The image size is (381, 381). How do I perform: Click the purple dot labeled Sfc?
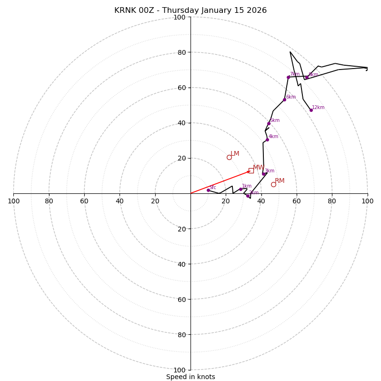(208, 190)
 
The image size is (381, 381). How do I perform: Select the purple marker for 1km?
(241, 189)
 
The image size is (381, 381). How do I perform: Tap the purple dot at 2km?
(248, 196)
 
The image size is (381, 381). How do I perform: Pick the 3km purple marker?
(263, 174)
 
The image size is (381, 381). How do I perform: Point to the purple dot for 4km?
(267, 140)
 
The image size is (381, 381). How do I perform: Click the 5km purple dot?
(269, 123)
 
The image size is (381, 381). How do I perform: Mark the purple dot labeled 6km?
(284, 100)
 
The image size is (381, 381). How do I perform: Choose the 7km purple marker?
(288, 77)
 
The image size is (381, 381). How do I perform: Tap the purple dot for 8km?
(307, 78)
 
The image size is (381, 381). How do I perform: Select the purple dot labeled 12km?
(311, 110)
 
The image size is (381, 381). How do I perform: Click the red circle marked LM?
(229, 157)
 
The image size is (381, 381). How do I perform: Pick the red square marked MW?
(251, 170)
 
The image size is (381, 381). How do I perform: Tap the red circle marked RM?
(273, 184)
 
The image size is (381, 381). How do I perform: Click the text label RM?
(280, 181)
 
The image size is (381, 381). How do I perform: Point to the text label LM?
(235, 154)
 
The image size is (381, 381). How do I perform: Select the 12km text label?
(318, 108)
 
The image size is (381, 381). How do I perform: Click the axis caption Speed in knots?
(190, 377)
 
